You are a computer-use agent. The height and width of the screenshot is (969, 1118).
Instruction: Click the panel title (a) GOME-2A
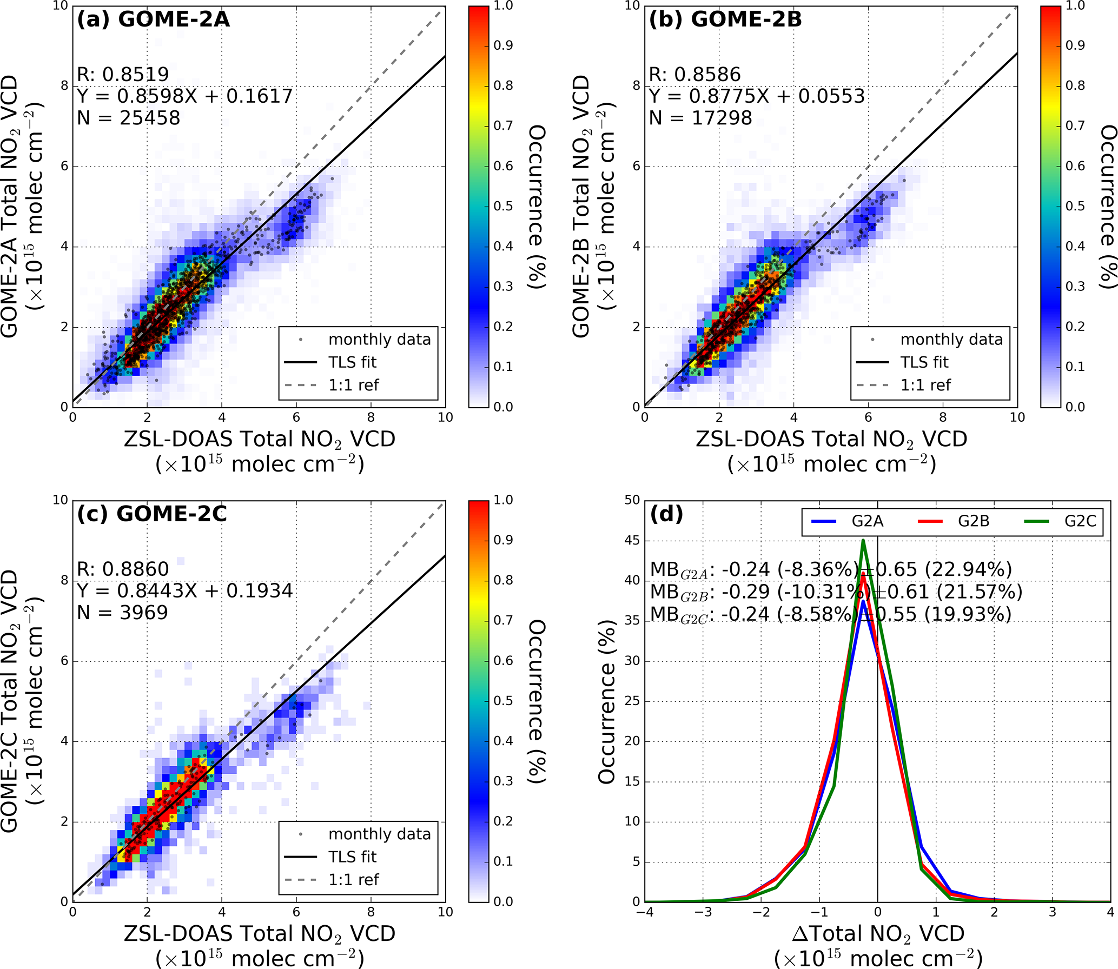[x=153, y=19]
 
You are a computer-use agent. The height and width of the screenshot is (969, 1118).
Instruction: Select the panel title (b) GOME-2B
[x=725, y=19]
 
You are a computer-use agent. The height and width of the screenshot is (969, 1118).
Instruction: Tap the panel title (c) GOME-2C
[x=151, y=514]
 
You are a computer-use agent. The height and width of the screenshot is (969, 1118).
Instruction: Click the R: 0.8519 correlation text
[x=123, y=75]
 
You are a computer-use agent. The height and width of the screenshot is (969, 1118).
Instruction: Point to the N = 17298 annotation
[x=700, y=118]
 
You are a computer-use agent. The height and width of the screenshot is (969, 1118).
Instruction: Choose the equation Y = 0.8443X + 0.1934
[x=184, y=590]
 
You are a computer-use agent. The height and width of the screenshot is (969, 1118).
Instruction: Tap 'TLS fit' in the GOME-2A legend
[x=352, y=362]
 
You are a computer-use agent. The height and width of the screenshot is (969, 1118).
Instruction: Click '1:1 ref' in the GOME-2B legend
[x=925, y=385]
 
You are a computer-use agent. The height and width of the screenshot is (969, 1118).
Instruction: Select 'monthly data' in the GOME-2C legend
[x=379, y=834]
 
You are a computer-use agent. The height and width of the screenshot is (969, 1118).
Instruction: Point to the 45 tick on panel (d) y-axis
[x=632, y=540]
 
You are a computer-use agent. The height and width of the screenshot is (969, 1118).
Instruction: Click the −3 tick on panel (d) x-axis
[x=703, y=912]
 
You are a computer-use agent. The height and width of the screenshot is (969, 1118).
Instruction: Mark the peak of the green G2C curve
[x=863, y=540]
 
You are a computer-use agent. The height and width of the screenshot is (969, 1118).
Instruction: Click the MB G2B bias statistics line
[x=836, y=592]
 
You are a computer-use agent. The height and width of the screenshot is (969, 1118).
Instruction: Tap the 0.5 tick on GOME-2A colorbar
[x=503, y=206]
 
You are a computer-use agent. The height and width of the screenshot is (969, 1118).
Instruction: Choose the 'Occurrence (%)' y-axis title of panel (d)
[x=607, y=701]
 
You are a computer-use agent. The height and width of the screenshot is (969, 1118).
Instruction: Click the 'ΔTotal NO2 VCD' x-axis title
[x=878, y=934]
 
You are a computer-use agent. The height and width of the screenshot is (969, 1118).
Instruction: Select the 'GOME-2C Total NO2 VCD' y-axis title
[x=10, y=701]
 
